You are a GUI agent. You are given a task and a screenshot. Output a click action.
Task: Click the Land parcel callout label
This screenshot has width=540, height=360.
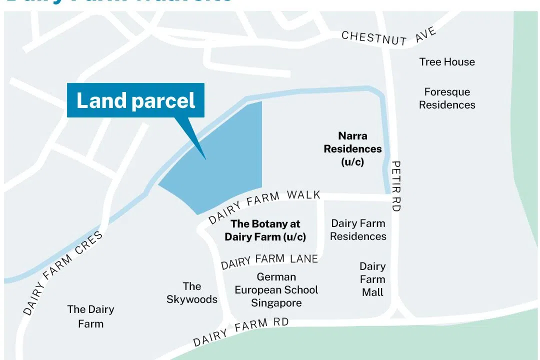135,100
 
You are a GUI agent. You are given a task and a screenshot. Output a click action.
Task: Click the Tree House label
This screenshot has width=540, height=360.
447,62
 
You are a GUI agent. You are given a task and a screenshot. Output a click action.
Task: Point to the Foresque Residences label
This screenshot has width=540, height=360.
447,98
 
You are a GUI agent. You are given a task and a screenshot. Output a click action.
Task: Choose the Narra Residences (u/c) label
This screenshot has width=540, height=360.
352,148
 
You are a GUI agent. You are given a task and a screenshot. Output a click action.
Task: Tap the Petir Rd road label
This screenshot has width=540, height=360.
396,186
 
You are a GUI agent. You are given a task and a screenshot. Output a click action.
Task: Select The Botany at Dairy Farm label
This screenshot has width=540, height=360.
265,230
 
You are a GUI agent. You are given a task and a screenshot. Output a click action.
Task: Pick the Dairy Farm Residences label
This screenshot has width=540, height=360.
358,230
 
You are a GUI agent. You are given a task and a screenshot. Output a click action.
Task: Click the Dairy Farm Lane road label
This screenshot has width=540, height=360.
269,260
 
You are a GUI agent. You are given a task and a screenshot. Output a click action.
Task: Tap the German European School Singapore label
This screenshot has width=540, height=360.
276,290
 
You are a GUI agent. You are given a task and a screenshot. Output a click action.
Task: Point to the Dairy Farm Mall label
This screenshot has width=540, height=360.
372,279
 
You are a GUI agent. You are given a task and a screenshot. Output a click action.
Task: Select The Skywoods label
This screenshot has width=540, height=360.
192,293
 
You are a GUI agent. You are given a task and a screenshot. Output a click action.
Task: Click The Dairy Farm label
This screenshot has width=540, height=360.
90,316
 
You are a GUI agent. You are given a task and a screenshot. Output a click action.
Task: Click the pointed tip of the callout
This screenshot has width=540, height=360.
205,159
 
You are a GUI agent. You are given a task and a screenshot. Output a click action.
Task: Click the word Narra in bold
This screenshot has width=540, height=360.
352,136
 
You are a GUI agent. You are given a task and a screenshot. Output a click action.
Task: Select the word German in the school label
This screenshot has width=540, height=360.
276,277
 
